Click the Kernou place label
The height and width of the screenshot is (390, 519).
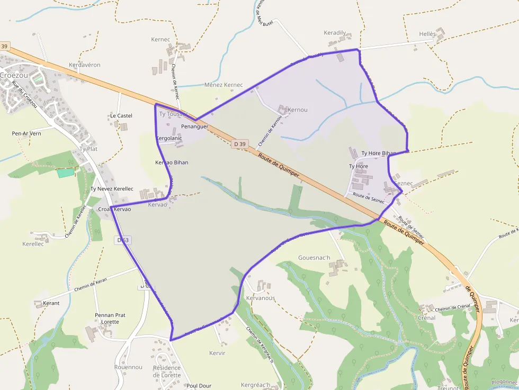tap(297, 110)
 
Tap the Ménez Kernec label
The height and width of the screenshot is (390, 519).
tap(223, 85)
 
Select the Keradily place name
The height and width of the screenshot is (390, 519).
tap(335, 33)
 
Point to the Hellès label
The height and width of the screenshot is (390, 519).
tap(427, 34)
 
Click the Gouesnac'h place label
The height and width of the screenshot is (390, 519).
tap(314, 258)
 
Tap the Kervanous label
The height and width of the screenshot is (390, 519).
tap(261, 298)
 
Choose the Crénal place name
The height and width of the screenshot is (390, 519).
tap(426, 318)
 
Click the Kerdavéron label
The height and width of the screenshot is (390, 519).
tap(85, 65)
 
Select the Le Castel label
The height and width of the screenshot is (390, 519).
tap(121, 115)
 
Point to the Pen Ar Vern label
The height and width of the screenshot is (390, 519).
tap(26, 133)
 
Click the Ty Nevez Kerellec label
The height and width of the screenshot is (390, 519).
tap(112, 189)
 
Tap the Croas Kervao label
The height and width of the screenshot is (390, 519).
tap(114, 210)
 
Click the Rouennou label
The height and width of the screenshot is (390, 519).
tap(128, 367)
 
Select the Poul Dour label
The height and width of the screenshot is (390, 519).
tap(199, 386)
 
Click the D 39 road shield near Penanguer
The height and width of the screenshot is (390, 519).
tap(240, 144)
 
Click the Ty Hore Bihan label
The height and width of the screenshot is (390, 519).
tap(379, 153)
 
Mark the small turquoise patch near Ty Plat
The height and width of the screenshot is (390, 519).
tap(66, 173)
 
